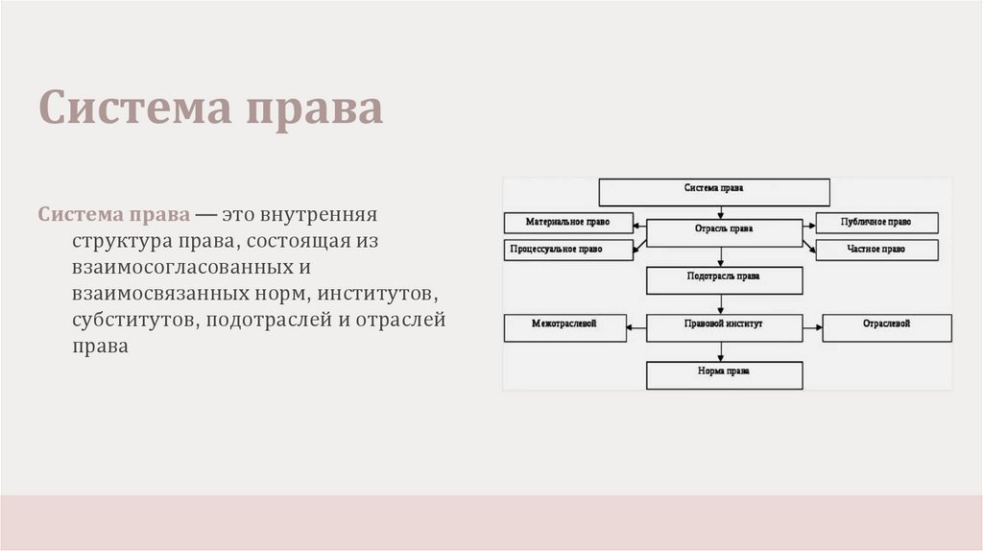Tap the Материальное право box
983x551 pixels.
[569, 222]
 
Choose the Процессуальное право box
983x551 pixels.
[568, 250]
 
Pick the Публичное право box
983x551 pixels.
[876, 222]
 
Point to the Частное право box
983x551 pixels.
[876, 250]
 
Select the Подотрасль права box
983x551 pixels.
[724, 279]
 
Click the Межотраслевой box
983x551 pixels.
[564, 327]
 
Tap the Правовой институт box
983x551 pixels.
[724, 327]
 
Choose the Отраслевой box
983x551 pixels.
[887, 327]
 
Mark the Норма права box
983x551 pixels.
[724, 373]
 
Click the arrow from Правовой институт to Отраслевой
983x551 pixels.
[812, 327]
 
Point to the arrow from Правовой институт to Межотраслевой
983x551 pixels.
[636, 327]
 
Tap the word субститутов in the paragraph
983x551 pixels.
[131, 319]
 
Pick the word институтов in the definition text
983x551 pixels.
[384, 292]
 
